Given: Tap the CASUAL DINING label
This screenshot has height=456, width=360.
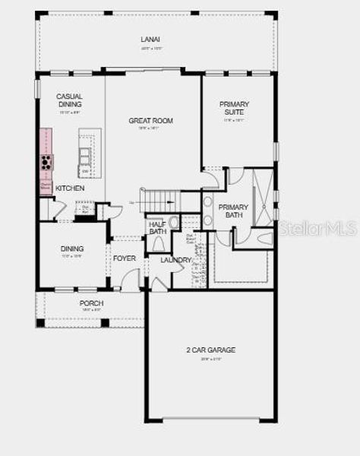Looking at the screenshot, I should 70,101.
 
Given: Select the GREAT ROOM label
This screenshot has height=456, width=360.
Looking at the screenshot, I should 150,121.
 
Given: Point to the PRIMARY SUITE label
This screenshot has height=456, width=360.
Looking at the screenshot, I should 234,108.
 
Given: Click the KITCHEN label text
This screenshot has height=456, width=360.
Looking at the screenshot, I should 70,188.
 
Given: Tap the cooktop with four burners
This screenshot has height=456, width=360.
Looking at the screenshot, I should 47,162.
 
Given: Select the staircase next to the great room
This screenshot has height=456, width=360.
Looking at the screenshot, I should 159,201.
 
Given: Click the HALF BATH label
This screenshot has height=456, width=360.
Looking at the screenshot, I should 158,227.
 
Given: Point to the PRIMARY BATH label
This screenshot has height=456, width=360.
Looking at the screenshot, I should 233,211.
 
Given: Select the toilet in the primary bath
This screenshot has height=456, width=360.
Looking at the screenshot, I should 264,239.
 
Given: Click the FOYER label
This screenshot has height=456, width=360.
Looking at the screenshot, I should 124,258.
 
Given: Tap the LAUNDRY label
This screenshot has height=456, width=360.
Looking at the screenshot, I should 175,260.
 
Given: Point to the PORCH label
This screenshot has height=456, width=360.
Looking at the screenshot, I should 91,303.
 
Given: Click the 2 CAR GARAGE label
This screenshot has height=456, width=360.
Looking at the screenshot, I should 210,350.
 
